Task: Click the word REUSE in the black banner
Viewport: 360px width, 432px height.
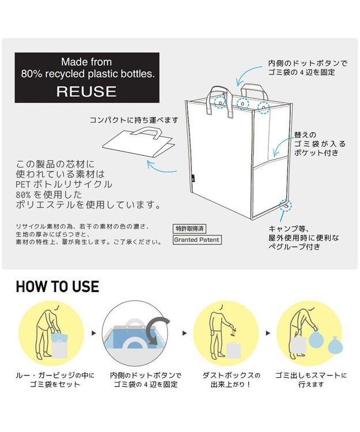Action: point(86,91)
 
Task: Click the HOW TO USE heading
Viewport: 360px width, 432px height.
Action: point(57,286)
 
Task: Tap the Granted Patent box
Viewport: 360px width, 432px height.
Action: point(196,240)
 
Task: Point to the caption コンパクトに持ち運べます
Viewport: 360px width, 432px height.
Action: point(134,120)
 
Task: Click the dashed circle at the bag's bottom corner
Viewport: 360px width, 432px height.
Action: point(286,205)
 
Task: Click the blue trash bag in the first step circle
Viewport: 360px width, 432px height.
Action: point(58,335)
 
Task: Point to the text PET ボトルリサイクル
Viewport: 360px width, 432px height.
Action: point(63,184)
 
